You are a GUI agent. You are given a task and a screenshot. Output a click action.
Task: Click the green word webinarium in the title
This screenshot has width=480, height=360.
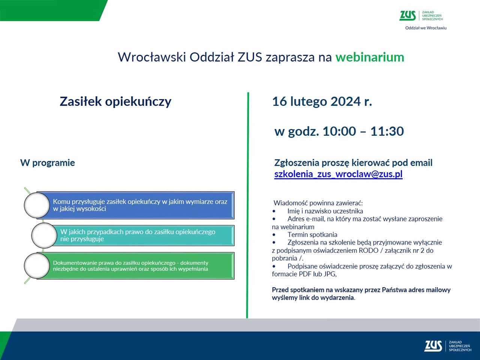pos(370,57)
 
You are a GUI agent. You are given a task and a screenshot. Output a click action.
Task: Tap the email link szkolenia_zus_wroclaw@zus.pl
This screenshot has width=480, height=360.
pos(338,174)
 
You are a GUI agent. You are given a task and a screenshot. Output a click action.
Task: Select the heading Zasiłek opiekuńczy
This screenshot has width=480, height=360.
pos(115,102)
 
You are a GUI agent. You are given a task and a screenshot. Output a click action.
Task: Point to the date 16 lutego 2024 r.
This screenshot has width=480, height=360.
pos(322,102)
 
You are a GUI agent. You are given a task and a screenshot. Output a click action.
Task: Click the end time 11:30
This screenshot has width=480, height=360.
pos(387,131)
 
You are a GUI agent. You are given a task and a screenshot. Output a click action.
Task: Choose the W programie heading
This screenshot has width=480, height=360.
pos(48,163)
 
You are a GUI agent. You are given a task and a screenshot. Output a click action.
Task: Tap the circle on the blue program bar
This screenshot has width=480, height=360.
pos(37,205)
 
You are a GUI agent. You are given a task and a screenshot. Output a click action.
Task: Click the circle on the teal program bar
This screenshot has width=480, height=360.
pos(44,235)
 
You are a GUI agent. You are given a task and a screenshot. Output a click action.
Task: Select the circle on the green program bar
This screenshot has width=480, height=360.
pos(37,265)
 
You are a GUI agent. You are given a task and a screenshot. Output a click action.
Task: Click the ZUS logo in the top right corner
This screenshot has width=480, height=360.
pos(407,16)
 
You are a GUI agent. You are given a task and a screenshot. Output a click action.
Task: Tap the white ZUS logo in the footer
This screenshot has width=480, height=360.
pos(433,346)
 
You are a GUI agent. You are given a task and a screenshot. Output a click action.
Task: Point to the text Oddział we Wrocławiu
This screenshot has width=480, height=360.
pos(426,28)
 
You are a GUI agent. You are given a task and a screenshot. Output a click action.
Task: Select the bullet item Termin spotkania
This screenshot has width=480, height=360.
pos(312,235)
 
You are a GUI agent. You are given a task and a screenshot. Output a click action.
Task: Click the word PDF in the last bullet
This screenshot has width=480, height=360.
pos(305,274)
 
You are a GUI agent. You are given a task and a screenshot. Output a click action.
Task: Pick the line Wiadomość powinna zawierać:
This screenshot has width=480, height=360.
pos(318,203)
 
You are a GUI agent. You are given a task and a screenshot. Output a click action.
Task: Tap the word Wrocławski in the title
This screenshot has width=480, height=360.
pos(152,57)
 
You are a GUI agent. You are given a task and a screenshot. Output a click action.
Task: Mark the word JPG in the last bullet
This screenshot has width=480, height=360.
pos(329,274)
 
